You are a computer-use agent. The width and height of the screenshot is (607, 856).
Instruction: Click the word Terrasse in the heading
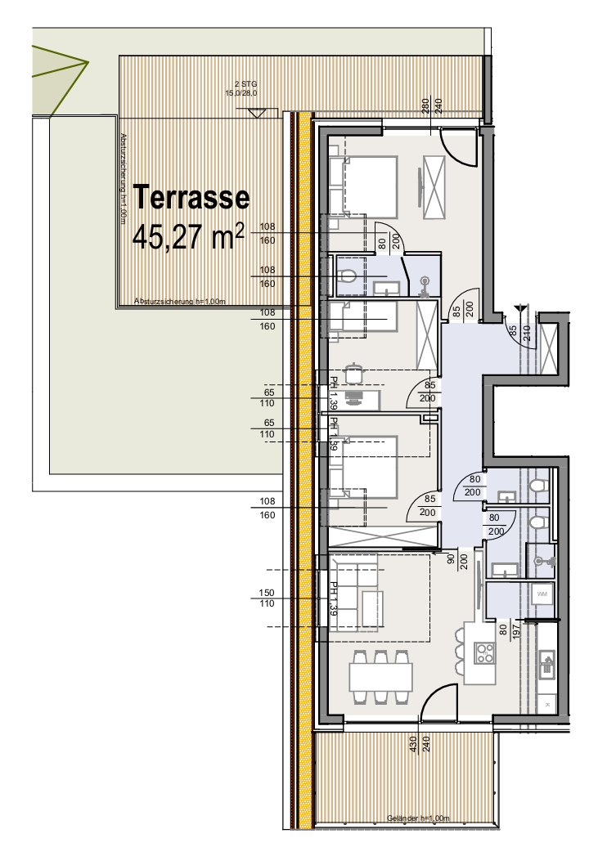coord(191,197)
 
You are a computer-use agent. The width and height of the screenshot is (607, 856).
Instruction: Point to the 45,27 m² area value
coord(188,238)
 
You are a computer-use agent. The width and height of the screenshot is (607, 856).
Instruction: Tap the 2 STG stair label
coord(246,83)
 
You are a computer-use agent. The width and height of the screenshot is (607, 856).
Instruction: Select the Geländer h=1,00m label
coord(418,818)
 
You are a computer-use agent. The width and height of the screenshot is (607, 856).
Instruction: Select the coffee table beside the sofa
coord(372,609)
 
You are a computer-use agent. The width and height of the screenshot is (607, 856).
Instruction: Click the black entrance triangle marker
coord(519,308)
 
